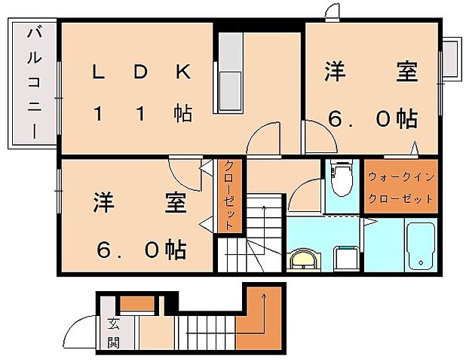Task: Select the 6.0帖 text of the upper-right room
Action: coord(372,118)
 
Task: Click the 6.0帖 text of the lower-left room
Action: coord(141,248)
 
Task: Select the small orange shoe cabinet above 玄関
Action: coord(137,304)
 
